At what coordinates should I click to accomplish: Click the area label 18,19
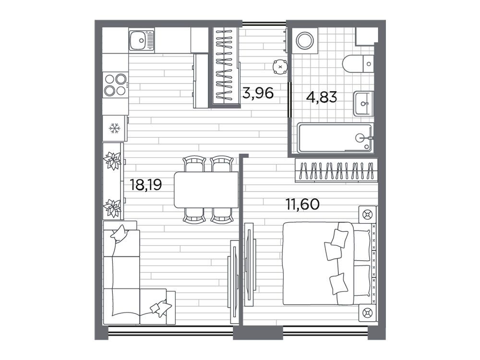click(x=146, y=185)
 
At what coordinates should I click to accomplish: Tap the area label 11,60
click(x=302, y=204)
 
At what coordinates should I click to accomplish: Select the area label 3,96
click(x=257, y=93)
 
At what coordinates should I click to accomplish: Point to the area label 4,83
click(x=322, y=97)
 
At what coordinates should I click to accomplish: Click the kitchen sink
click(x=142, y=40)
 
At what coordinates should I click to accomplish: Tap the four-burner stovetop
click(x=115, y=85)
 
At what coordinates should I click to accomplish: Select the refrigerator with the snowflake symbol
click(x=115, y=128)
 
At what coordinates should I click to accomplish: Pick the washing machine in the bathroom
click(x=305, y=41)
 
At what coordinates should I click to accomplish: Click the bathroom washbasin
click(x=364, y=104)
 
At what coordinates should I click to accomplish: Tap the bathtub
click(x=335, y=138)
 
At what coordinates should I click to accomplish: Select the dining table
click(x=206, y=190)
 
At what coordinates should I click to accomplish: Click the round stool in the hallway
click(x=280, y=67)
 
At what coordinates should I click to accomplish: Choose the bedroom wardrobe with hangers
click(x=336, y=170)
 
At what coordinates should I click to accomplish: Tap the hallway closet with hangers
click(x=225, y=66)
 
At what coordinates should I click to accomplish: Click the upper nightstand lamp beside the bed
click(x=367, y=215)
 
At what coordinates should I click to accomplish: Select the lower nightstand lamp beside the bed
click(x=367, y=313)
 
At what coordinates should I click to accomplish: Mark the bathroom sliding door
click(x=289, y=99)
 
